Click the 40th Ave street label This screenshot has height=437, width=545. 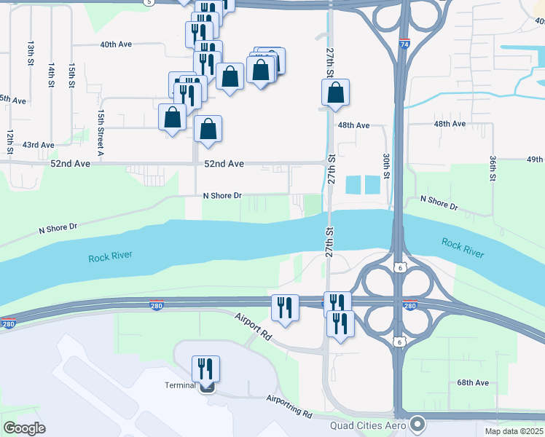tap(116, 44)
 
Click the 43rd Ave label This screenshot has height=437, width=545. tap(38, 145)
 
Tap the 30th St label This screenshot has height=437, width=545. tap(386, 165)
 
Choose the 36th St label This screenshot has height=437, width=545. tap(493, 168)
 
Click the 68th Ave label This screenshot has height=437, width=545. tap(473, 382)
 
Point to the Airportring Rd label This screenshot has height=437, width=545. tap(289, 406)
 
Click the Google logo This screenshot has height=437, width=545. tap(24, 428)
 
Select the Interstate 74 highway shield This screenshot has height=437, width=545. tap(404, 44)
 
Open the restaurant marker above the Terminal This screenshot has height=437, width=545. tap(205, 367)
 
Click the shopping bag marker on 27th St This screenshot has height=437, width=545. tap(335, 92)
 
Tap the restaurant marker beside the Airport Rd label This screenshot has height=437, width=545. tap(285, 307)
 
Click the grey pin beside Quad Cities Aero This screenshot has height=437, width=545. tap(417, 422)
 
